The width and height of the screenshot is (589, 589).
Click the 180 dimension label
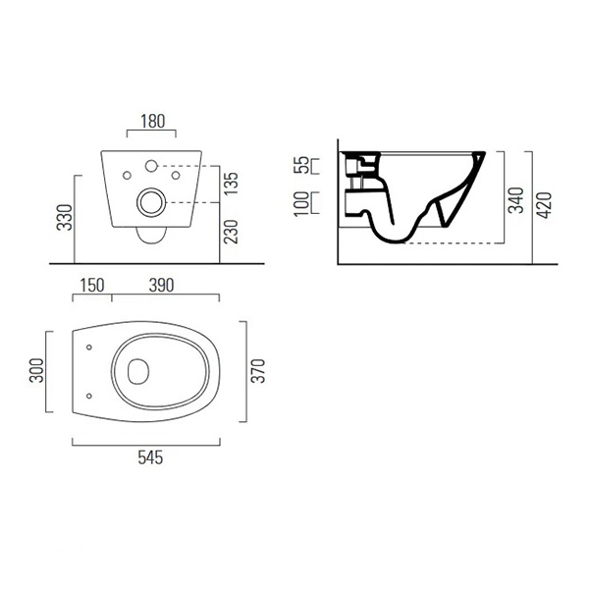(152, 122)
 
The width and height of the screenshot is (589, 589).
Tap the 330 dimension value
(64, 217)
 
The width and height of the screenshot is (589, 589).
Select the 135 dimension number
(232, 184)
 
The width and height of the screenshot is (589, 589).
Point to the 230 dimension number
(232, 232)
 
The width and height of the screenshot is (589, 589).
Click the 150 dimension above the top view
(92, 285)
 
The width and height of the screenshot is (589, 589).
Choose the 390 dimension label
(162, 285)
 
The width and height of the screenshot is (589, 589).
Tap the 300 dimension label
(36, 370)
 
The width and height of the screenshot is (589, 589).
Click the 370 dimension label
(258, 371)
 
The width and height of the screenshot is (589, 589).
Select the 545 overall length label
(150, 457)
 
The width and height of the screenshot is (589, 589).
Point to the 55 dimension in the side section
(301, 165)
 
